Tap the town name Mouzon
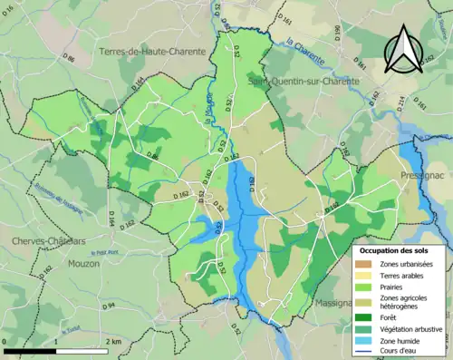click(83, 263)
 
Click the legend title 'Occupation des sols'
click(395, 250)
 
